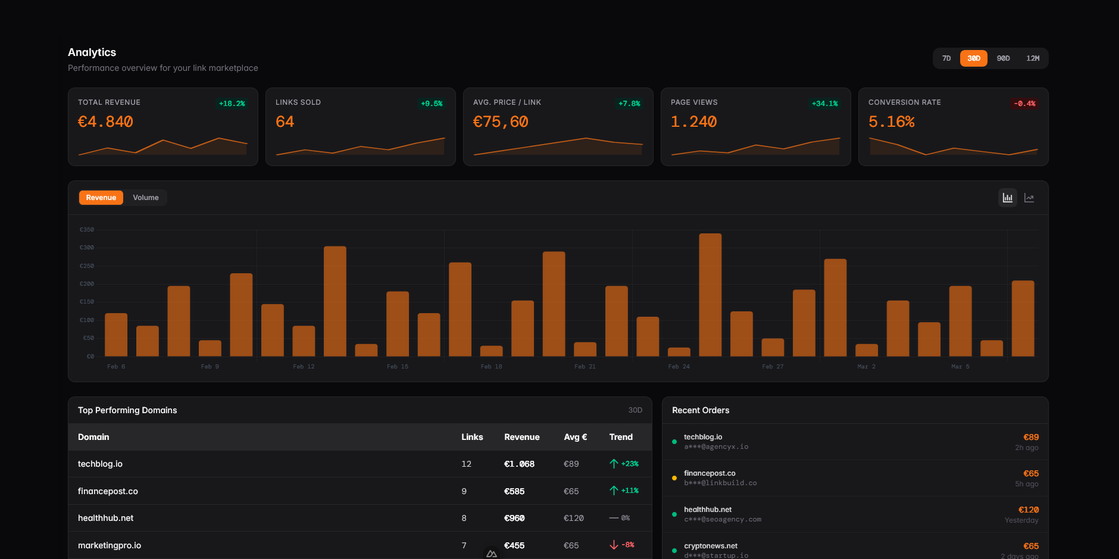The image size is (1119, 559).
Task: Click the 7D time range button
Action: point(946,58)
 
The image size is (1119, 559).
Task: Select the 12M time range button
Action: point(1033,58)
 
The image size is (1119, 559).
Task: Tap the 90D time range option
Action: point(1004,58)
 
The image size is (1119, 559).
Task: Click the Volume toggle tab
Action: point(146,198)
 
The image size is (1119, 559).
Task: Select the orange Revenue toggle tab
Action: point(101,198)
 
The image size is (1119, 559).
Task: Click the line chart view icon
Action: point(1029,198)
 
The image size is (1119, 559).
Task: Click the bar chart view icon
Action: point(1007,198)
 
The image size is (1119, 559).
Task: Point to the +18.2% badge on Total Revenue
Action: point(232,104)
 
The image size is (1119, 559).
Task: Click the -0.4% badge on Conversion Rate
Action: point(1024,104)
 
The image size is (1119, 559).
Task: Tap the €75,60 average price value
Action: point(501,122)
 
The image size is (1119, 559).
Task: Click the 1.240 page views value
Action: point(693,122)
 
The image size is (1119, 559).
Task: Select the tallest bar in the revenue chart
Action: point(710,295)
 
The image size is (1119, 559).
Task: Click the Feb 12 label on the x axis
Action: point(304,367)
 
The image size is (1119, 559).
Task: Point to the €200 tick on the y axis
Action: point(87,284)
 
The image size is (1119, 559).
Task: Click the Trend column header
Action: point(621,437)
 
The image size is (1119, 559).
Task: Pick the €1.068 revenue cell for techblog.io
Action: point(519,464)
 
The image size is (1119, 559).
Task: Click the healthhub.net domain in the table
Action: point(105,518)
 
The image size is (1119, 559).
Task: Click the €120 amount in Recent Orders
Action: point(1029,510)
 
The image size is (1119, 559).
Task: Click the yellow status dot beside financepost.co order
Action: point(674,478)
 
